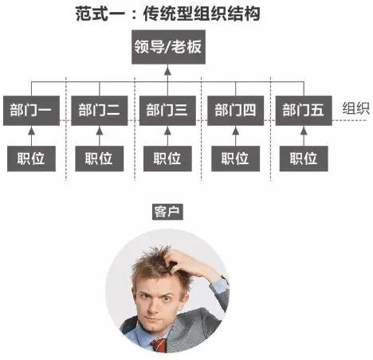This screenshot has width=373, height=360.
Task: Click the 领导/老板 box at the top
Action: [x=168, y=47]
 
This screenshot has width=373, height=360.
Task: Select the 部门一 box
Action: [x=31, y=111]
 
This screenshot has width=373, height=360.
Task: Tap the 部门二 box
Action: [x=100, y=111]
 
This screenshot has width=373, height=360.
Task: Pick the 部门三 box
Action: [x=167, y=111]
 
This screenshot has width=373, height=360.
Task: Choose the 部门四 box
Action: [x=235, y=111]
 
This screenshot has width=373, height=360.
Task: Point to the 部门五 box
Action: [x=304, y=111]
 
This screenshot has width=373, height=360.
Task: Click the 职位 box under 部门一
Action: [x=31, y=158]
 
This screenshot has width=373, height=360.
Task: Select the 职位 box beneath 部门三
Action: [x=167, y=158]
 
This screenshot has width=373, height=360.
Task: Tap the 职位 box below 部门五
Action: [x=304, y=158]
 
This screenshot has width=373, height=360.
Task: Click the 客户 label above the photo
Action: [x=167, y=212]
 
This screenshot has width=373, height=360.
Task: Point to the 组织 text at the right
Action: [x=355, y=108]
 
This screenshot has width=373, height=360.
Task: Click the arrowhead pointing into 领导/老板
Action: [x=167, y=71]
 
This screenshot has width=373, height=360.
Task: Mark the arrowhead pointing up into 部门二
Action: [x=100, y=131]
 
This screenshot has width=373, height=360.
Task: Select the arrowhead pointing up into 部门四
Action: [x=235, y=131]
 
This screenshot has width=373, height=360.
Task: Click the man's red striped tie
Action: [x=159, y=345]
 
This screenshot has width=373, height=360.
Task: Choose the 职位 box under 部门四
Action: [x=235, y=158]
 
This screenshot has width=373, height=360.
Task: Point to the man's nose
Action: [x=153, y=305]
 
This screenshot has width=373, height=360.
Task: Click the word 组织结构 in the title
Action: [x=227, y=14]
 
